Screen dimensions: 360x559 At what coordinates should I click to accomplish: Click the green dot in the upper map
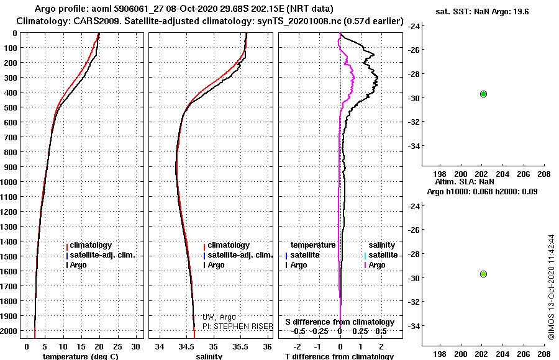coord(483,94)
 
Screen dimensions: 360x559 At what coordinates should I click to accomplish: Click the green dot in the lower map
coord(483,274)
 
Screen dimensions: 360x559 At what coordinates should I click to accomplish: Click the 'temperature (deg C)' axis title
coord(80,356)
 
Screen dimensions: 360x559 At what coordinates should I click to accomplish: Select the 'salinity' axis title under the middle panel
coord(209,356)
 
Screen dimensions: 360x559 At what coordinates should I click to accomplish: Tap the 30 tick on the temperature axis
coord(137,346)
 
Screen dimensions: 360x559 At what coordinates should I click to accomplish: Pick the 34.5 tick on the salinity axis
coord(186,346)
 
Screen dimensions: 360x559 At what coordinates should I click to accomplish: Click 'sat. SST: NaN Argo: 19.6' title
coord(482,11)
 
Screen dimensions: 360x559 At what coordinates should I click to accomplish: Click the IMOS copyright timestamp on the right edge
coord(551,287)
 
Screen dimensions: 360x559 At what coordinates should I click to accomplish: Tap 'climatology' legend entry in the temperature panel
coord(91,245)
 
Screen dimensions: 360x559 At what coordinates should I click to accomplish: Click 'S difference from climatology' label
coord(340,322)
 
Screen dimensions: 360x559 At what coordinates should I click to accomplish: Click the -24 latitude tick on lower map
coord(412,206)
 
